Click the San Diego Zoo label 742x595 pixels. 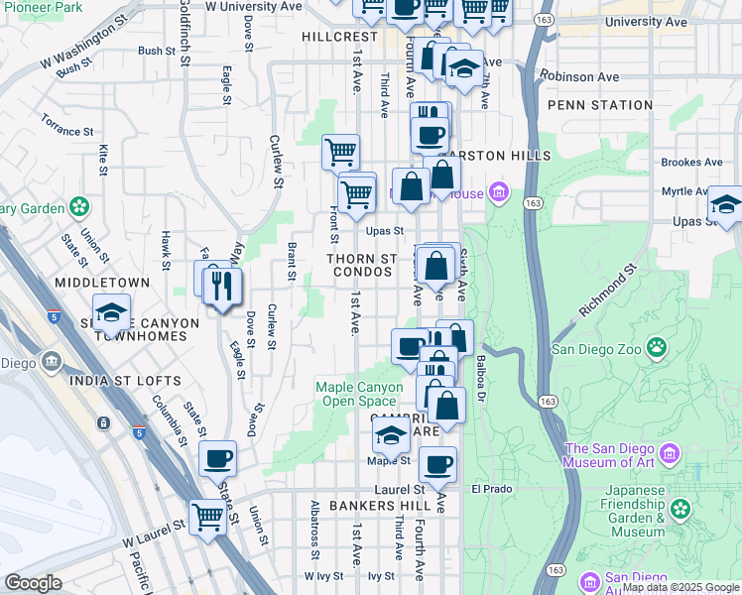(x=594, y=348)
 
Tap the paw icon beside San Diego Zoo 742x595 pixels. (x=656, y=347)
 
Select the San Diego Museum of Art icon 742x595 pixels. (x=672, y=454)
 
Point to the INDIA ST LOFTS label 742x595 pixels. (x=124, y=381)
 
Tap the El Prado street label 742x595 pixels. (x=489, y=489)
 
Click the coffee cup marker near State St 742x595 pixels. (x=217, y=458)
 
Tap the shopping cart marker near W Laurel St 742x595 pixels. (x=207, y=515)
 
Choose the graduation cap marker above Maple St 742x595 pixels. (x=391, y=433)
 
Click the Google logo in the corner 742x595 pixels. (x=33, y=583)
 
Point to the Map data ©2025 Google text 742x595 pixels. (x=680, y=588)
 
